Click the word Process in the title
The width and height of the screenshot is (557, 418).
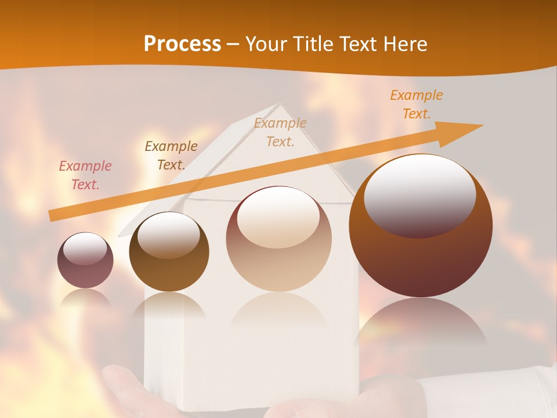[x=182, y=44]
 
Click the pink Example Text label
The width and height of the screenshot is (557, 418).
[x=85, y=175]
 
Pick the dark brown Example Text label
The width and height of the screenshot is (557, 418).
[x=171, y=155]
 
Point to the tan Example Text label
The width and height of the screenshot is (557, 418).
[x=280, y=132]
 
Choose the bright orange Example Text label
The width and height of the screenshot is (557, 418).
[x=417, y=104]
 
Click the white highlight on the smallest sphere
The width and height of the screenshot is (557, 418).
[x=85, y=248]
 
